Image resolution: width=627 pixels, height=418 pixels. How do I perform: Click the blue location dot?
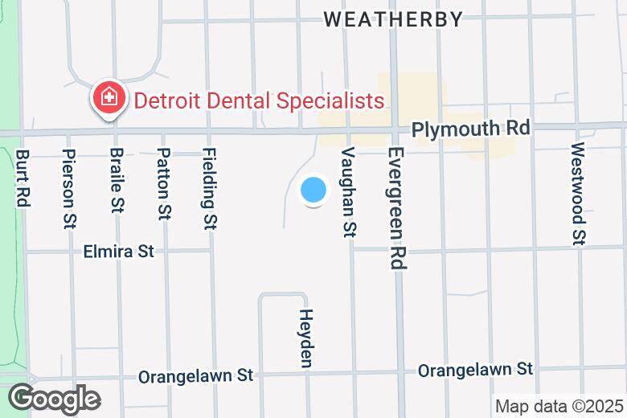pyautogui.click(x=313, y=191)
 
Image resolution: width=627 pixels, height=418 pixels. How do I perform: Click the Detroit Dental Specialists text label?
pyautogui.click(x=259, y=101)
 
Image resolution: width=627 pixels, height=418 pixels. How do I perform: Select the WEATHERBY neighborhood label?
pyautogui.click(x=394, y=19)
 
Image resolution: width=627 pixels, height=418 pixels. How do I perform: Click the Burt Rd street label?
pyautogui.click(x=23, y=178)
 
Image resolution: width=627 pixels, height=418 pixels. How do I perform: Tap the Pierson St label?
pyautogui.click(x=68, y=186)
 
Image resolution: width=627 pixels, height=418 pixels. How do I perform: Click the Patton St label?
pyautogui.click(x=163, y=184)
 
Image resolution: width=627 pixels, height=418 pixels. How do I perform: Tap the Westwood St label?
pyautogui.click(x=578, y=193)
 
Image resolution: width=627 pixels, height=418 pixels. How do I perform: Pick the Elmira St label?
pyautogui.click(x=118, y=252)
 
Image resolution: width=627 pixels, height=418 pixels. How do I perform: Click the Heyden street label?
pyautogui.click(x=305, y=338)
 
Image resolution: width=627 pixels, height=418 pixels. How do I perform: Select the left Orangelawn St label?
pyautogui.click(x=195, y=375)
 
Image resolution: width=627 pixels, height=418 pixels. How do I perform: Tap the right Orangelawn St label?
pyautogui.click(x=475, y=369)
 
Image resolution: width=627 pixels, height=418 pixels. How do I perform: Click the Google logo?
pyautogui.click(x=54, y=399)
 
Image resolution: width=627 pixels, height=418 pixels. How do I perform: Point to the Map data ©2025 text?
pyautogui.click(x=559, y=406)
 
